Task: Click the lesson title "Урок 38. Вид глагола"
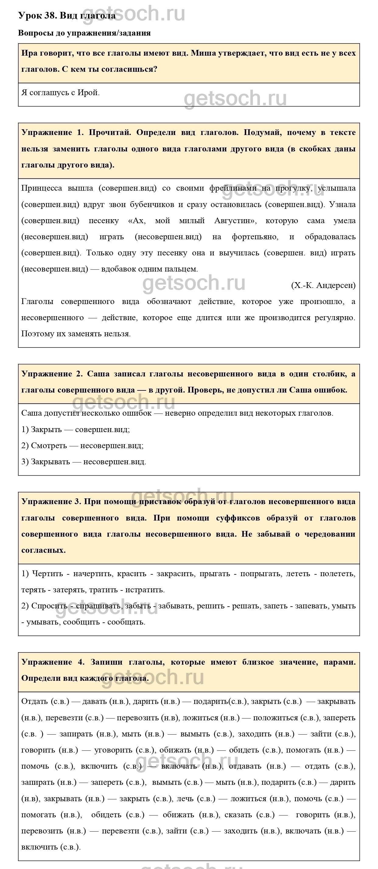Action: [x=67, y=16]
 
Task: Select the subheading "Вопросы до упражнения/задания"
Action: [x=84, y=33]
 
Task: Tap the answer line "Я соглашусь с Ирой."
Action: [x=61, y=93]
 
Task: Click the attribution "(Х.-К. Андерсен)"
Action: [x=323, y=286]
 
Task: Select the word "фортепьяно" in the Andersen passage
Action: [x=255, y=237]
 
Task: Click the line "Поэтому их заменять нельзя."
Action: [x=76, y=334]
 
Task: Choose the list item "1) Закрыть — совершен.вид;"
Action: [x=76, y=429]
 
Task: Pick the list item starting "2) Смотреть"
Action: [x=82, y=446]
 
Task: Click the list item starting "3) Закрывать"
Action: [x=84, y=462]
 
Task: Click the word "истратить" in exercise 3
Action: [x=145, y=590]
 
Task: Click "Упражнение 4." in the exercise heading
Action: [x=53, y=662]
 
